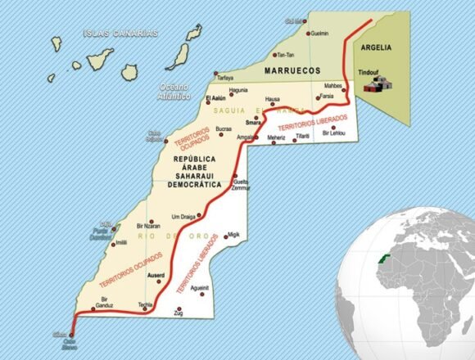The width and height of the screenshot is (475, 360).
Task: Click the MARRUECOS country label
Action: coord(291,72)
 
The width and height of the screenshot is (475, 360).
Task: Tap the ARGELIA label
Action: coord(376,47)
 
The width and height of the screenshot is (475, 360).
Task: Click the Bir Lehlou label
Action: coord(333,133)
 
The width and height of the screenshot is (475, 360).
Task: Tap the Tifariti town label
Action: coord(304,135)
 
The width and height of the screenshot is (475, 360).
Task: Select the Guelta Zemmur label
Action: coord(241,185)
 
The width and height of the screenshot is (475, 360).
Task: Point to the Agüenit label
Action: coord(199,288)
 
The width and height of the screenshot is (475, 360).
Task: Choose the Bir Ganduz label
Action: coord(105,303)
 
